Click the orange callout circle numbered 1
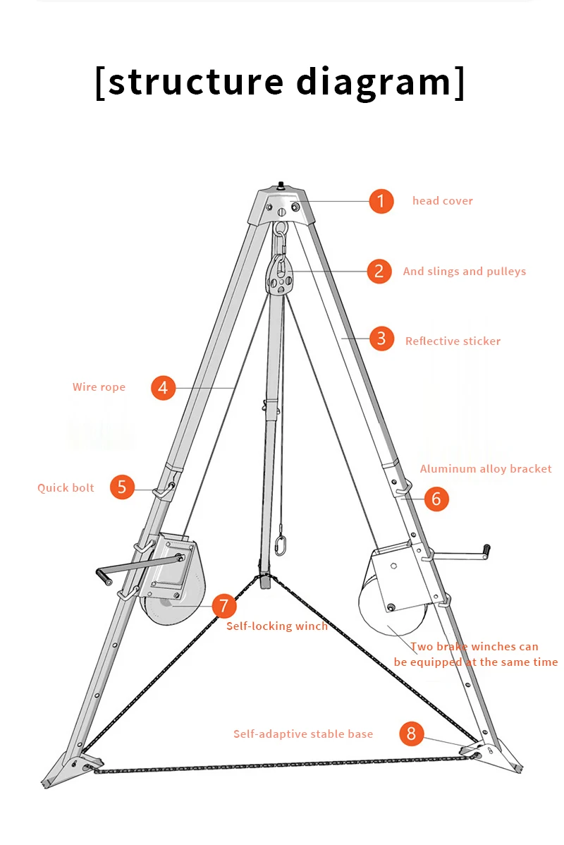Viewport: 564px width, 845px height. [381, 201]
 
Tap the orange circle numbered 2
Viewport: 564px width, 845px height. [379, 271]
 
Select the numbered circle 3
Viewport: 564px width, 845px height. [381, 339]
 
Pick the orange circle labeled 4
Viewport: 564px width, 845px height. [163, 387]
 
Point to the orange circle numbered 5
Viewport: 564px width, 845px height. [122, 487]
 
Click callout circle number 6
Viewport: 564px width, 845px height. [436, 499]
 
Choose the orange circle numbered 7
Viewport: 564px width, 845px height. [223, 605]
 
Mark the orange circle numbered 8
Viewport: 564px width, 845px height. [412, 734]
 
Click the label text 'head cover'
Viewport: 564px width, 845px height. [443, 201]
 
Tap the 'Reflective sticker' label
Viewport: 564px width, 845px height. [453, 341]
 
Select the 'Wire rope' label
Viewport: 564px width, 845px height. [99, 387]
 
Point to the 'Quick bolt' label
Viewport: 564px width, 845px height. [66, 488]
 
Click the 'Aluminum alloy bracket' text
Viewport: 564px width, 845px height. [486, 469]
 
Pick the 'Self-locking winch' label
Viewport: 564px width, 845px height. [276, 626]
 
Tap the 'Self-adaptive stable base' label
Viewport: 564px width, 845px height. [303, 734]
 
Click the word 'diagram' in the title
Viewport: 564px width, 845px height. [374, 82]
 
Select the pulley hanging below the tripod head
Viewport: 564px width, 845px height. [281, 276]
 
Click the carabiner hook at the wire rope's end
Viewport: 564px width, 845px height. [281, 546]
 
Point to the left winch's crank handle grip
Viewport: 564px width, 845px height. [104, 578]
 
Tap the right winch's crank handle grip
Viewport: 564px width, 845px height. [486, 549]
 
